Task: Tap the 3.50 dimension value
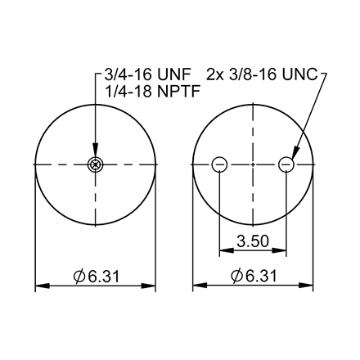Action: click(252, 243)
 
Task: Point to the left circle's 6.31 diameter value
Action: click(102, 276)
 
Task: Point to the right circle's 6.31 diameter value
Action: click(260, 276)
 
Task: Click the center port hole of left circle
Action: click(95, 165)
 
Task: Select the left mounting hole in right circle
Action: click(219, 165)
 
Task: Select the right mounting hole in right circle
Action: click(286, 165)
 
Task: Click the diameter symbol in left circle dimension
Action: click(79, 276)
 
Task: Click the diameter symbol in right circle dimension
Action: click(237, 276)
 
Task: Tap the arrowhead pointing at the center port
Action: click(95, 156)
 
